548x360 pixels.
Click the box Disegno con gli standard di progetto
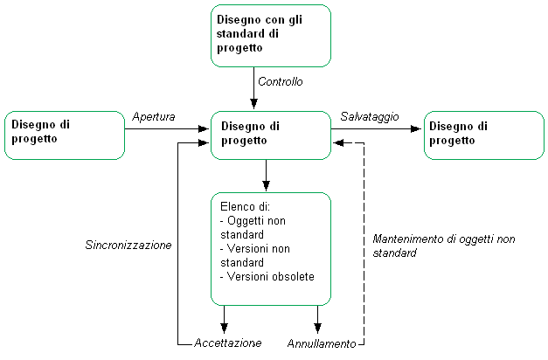point(271,35)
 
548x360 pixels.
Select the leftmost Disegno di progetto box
point(65,135)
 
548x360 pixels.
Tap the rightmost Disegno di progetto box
point(483,135)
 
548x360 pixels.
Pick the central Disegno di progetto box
point(271,135)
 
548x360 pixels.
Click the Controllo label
point(281,82)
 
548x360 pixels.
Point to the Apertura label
point(154,116)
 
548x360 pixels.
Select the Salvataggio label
point(370,116)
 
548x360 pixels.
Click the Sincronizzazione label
point(128,245)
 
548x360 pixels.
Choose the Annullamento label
point(322,343)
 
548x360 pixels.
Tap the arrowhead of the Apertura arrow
point(205,129)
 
